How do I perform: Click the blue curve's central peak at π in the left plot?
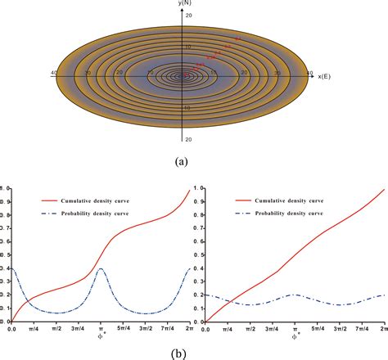pos(100,268)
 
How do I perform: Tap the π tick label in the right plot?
pos(294,327)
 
